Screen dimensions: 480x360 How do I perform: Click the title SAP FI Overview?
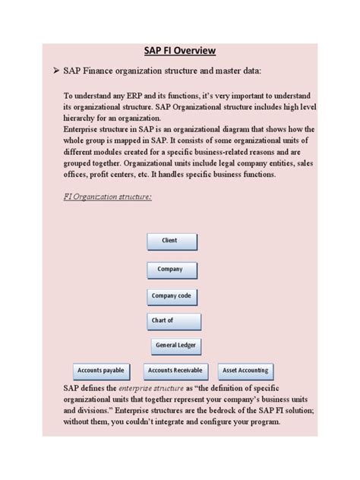[x=180, y=50]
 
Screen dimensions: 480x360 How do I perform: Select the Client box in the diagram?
[x=171, y=242]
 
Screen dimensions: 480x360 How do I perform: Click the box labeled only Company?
[x=171, y=270]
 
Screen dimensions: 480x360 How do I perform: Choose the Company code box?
[x=171, y=296]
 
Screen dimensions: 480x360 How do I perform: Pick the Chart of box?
[x=174, y=321]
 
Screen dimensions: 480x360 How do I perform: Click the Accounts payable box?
[x=100, y=371]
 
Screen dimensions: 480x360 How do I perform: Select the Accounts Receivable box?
[x=175, y=371]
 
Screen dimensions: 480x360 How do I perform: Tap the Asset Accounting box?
[x=244, y=371]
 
